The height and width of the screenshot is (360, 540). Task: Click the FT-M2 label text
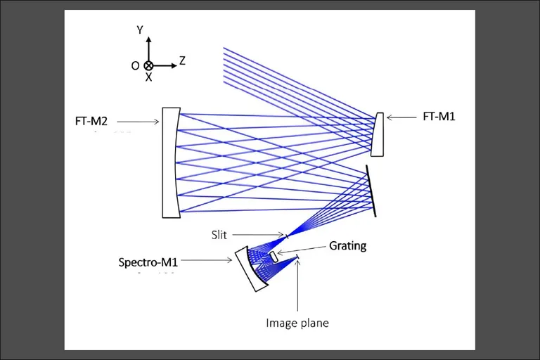click(x=91, y=121)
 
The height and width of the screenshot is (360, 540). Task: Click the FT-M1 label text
click(x=439, y=117)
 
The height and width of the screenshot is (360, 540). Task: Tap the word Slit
click(x=219, y=235)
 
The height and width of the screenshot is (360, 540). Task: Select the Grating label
click(x=347, y=246)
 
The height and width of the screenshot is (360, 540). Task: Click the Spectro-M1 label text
click(x=148, y=262)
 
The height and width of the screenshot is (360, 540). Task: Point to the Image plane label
click(x=297, y=323)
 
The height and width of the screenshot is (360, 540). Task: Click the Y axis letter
click(x=140, y=30)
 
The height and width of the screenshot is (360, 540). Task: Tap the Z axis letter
click(x=182, y=60)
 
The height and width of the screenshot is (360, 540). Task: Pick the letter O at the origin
click(x=135, y=66)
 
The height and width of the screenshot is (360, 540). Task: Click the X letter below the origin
click(x=148, y=77)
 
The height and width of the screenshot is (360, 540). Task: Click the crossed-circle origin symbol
click(x=148, y=65)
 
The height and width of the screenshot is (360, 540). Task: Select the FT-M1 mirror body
click(x=378, y=134)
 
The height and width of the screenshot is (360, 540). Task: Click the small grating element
click(x=274, y=257)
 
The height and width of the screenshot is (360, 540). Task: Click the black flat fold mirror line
click(x=371, y=191)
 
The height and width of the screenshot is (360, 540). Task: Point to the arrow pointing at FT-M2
click(x=138, y=121)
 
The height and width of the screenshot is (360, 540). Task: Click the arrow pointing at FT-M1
click(x=401, y=117)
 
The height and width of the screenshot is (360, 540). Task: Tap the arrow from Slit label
click(x=258, y=235)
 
